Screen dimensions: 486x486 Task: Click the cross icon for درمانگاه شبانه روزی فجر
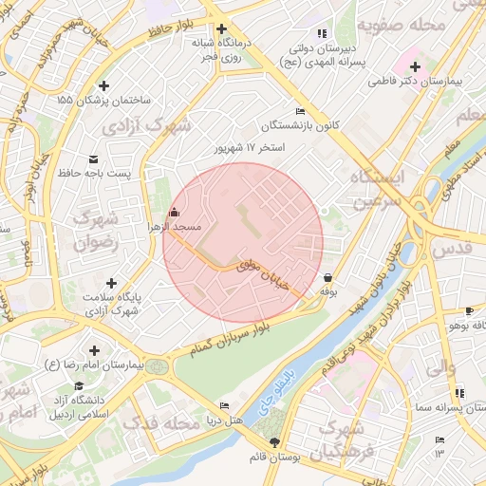222,28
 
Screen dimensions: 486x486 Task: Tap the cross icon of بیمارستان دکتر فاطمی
414,66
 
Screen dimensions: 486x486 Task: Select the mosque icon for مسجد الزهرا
173,213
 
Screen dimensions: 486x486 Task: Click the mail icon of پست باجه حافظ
93,159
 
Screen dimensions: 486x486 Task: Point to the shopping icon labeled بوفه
328,278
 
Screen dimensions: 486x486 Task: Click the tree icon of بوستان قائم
275,442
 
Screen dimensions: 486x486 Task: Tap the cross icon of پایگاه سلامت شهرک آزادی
112,283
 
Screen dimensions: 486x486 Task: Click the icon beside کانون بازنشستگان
301,112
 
